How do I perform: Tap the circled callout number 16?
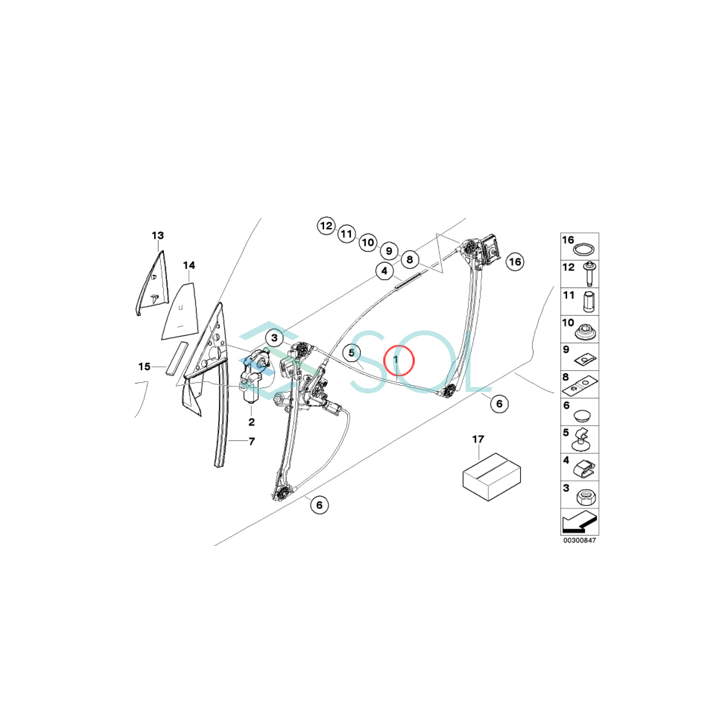pyautogui.click(x=515, y=262)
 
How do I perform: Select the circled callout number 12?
pyautogui.click(x=326, y=226)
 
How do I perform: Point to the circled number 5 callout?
pyautogui.click(x=351, y=353)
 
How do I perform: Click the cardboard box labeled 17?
pyautogui.click(x=492, y=477)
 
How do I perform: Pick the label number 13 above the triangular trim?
pyautogui.click(x=158, y=235)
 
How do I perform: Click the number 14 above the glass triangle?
pyautogui.click(x=189, y=265)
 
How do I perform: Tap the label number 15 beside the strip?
pyautogui.click(x=144, y=367)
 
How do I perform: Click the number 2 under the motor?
pyautogui.click(x=251, y=422)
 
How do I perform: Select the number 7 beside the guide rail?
pyautogui.click(x=252, y=441)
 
